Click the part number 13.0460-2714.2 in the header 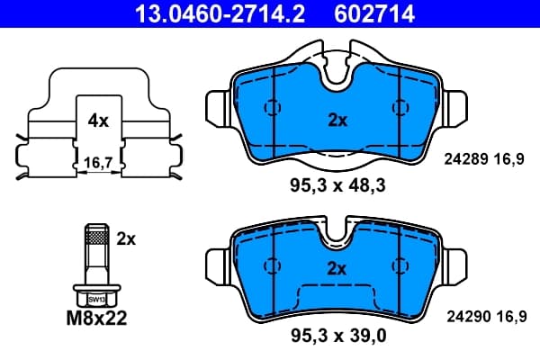(220, 13)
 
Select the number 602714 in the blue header (374, 13)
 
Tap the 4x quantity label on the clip (98, 121)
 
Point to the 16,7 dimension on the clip (98, 163)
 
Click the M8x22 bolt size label (97, 318)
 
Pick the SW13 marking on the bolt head (96, 300)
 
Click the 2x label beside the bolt (126, 238)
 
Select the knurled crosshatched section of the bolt (97, 238)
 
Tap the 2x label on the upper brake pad (337, 121)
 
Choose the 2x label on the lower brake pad (337, 269)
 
